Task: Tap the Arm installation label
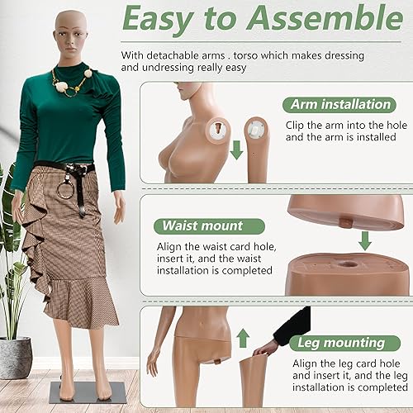[339, 105]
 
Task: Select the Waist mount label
[202, 225]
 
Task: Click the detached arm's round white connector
[256, 128]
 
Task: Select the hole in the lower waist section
[342, 266]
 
